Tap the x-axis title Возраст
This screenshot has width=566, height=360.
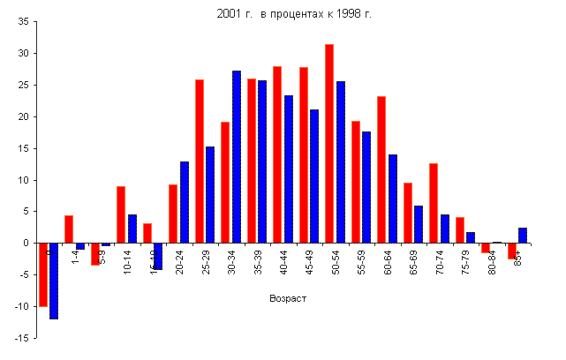click(287, 298)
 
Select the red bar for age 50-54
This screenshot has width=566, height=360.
click(329, 143)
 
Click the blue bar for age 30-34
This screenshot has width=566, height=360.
click(237, 156)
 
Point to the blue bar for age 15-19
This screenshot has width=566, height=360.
click(158, 256)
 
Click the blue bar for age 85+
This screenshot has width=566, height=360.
click(523, 235)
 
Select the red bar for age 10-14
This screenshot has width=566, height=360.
click(121, 214)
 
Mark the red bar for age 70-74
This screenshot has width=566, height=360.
click(434, 203)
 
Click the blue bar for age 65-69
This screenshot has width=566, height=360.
click(419, 224)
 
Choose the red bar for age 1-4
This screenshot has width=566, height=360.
click(69, 229)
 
